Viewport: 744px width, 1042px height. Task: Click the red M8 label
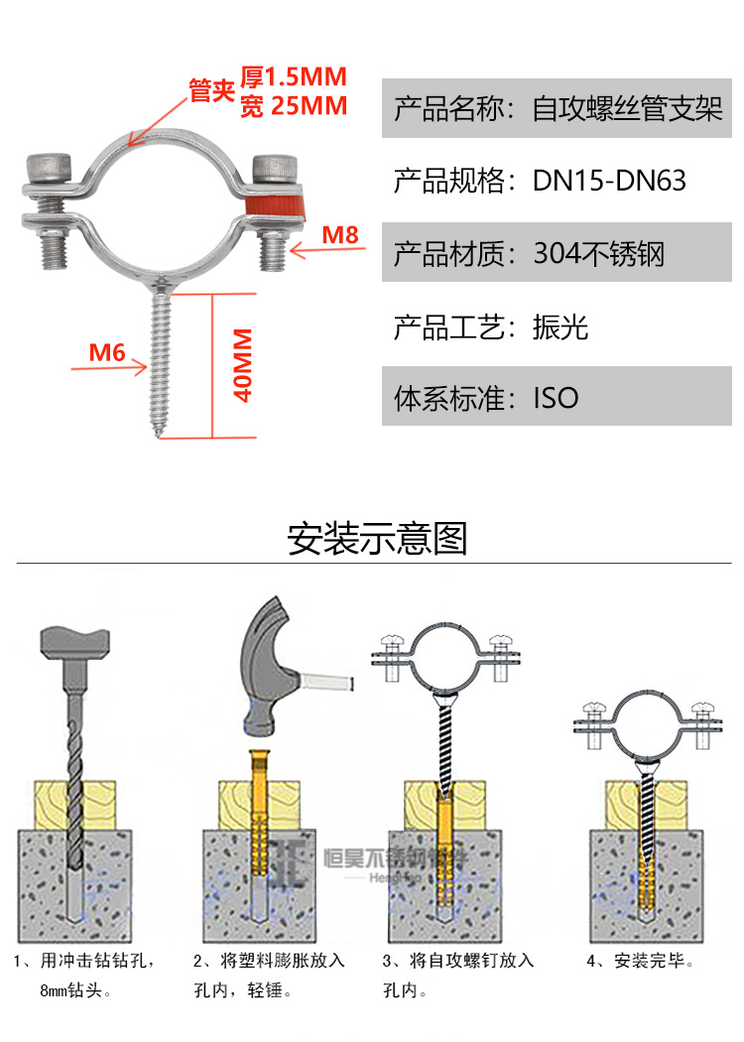tap(339, 235)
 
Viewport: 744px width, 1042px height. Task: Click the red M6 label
tap(106, 351)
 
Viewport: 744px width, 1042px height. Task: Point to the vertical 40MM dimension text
tap(241, 365)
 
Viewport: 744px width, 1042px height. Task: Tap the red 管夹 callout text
tap(210, 91)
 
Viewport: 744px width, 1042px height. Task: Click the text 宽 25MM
tap(294, 106)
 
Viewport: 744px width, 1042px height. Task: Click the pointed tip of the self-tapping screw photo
tap(159, 433)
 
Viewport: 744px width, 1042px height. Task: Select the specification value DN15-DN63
tap(609, 181)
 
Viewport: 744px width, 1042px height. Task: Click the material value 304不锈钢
tap(598, 254)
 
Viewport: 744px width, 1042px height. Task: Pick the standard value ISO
tap(556, 399)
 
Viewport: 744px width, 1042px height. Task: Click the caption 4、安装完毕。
tap(640, 961)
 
